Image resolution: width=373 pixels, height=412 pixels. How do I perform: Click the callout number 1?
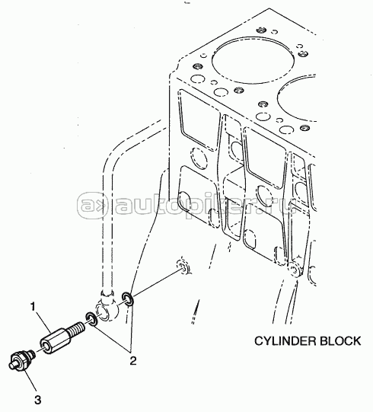coord(33,307)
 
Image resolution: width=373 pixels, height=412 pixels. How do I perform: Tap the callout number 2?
coord(133,361)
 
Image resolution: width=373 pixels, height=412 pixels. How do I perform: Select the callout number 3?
coord(37,400)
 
